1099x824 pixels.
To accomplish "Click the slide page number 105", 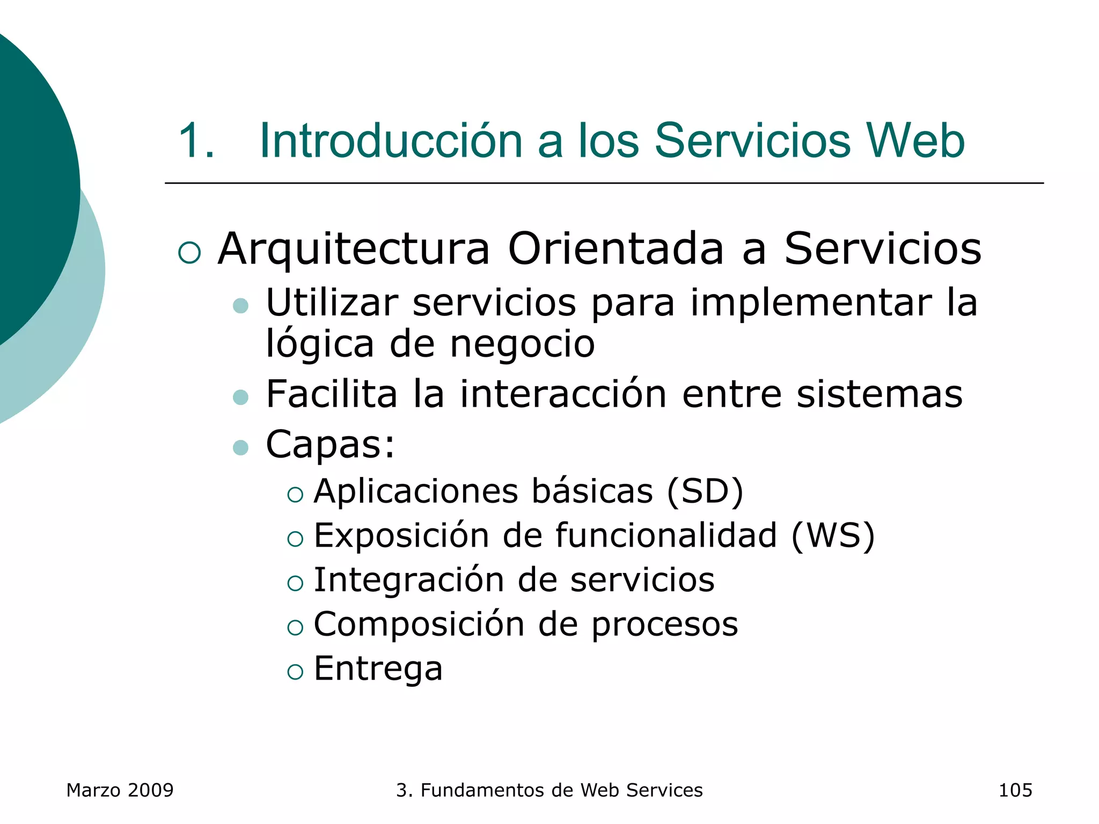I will coord(1015,790).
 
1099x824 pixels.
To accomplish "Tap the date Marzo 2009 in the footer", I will coord(120,790).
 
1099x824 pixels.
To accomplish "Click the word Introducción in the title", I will coord(391,141).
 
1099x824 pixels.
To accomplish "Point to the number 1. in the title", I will coord(196,141).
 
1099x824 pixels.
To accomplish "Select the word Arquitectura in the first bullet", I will coord(354,249).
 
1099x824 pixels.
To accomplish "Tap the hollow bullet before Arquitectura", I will coord(189,253).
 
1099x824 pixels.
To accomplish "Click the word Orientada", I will coord(616,249).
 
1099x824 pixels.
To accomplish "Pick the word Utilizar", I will coord(332,303).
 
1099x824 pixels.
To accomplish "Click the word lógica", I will coord(320,344).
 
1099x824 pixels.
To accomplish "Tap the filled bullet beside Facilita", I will coord(241,397).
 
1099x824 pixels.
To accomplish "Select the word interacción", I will coord(563,394).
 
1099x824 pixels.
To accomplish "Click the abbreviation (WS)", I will coord(833,535).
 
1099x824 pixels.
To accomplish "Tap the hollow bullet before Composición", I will coord(295,627).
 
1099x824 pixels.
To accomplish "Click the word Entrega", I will coord(378,669).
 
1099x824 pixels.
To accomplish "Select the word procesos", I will coord(664,625).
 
